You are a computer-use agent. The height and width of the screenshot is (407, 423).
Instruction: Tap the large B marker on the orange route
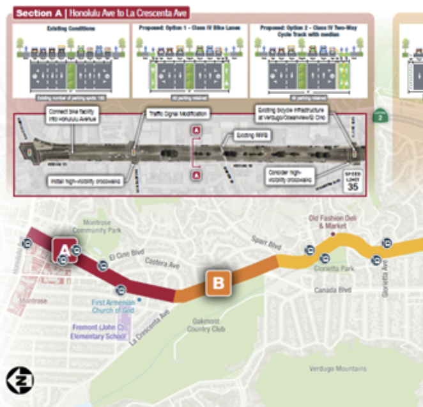218,283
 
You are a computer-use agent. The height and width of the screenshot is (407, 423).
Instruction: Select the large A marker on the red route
64,248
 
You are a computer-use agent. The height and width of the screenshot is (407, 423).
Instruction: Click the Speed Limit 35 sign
352,182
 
